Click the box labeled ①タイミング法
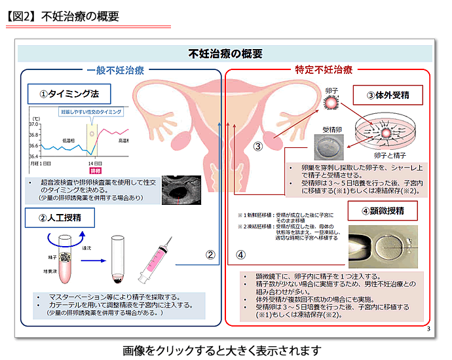pos(70,94)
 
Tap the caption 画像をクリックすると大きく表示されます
pos(226,348)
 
